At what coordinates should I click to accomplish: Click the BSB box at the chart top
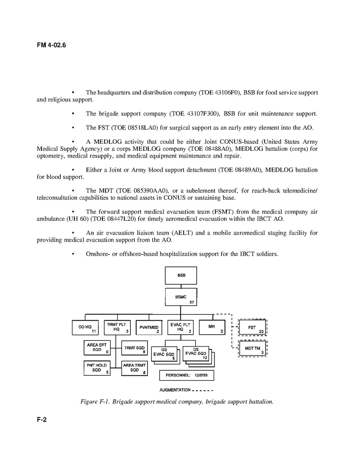tap(181, 275)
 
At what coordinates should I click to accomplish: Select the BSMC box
tap(181, 297)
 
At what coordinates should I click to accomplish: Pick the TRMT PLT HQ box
tap(117, 328)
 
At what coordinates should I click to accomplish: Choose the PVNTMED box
tap(149, 328)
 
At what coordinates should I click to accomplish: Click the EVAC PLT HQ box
tap(180, 328)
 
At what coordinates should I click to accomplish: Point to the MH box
tap(212, 327)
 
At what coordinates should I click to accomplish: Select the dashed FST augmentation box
tap(252, 328)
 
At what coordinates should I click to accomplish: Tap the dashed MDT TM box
tap(252, 349)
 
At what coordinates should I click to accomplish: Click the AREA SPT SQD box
tap(97, 347)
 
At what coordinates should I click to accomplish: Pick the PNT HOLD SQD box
tap(97, 368)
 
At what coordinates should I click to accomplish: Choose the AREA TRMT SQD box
tap(134, 368)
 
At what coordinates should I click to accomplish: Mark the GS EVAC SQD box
tap(164, 354)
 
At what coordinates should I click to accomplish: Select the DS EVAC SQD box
tap(196, 353)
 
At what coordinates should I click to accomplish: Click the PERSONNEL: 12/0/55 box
tap(187, 375)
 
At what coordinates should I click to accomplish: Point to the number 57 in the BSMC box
tap(192, 302)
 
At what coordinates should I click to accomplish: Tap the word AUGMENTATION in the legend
tap(175, 390)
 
